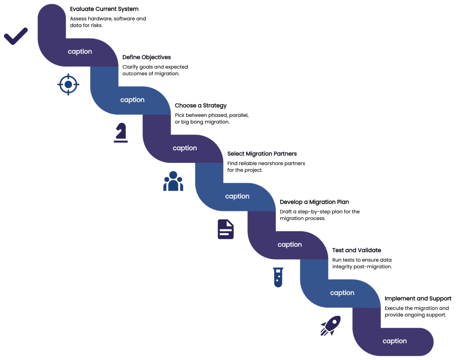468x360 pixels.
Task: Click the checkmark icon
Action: click(16, 36)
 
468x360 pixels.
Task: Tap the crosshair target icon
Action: click(68, 84)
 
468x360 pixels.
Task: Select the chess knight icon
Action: click(121, 133)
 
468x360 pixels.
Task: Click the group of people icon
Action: click(173, 181)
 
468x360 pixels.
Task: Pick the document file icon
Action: click(225, 229)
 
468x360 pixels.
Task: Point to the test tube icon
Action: click(278, 277)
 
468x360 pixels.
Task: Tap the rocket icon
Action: click(330, 325)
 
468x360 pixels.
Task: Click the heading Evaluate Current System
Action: click(104, 9)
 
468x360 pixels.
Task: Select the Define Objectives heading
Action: click(146, 57)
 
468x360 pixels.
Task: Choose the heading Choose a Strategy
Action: click(200, 106)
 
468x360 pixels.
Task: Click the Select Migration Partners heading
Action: click(262, 154)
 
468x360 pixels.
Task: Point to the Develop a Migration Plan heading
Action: click(314, 202)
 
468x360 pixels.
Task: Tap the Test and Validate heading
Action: click(356, 250)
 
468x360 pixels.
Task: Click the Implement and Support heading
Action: click(418, 299)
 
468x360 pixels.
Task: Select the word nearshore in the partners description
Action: click(269, 163)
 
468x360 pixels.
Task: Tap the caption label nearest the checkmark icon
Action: click(80, 52)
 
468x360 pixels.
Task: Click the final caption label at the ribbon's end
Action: click(395, 341)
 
